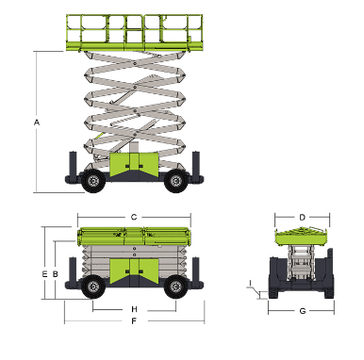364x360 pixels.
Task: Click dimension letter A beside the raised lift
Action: (37, 123)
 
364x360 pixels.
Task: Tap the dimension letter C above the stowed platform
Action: (134, 217)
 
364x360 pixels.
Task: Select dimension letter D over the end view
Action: (302, 218)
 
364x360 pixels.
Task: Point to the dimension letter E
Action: (44, 274)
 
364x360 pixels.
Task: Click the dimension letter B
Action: (56, 274)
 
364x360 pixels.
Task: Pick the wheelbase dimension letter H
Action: (134, 309)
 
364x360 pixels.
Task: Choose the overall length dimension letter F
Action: (134, 321)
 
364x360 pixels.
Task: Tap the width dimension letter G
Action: (303, 311)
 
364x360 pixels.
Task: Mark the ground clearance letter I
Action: (250, 284)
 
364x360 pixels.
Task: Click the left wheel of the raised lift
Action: (93, 181)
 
